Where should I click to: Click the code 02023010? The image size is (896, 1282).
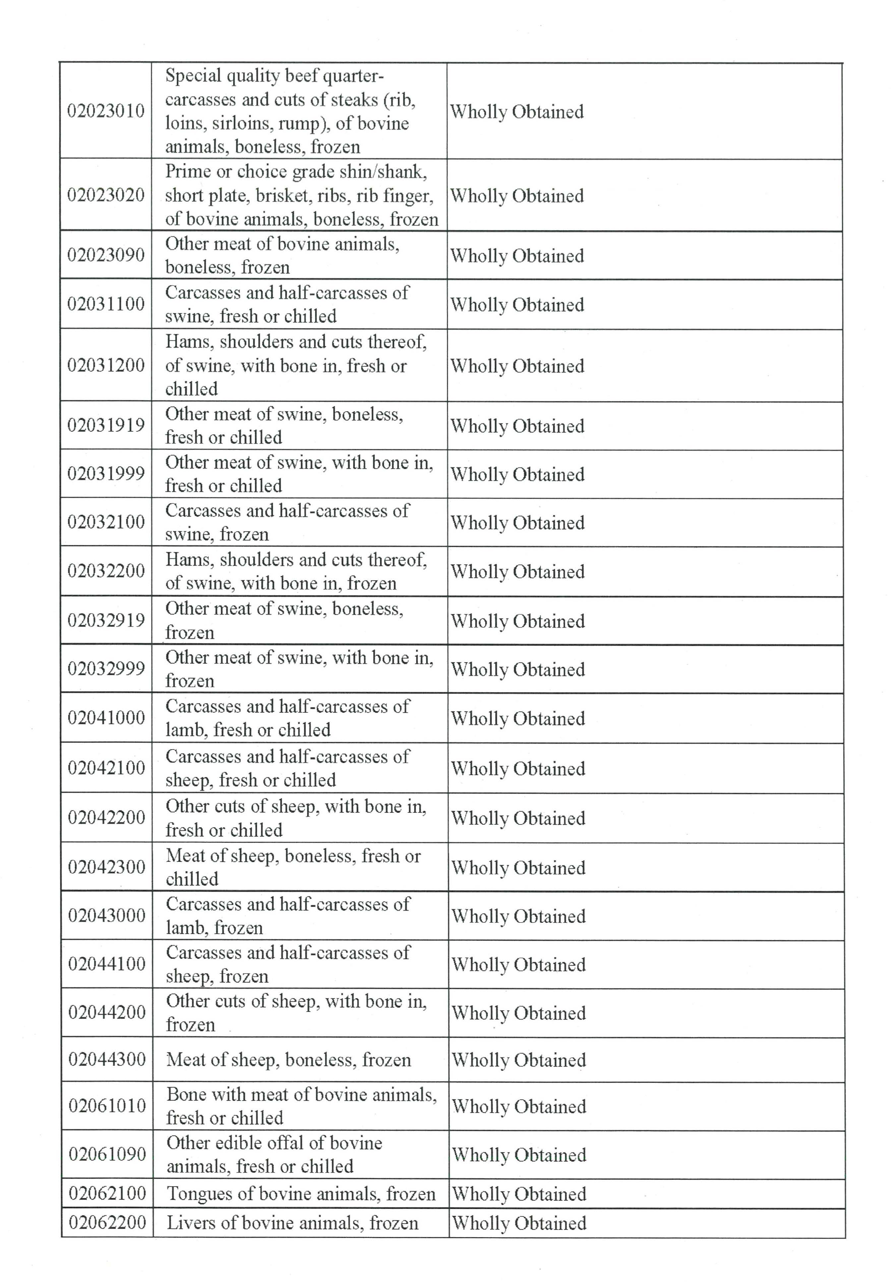pyautogui.click(x=105, y=111)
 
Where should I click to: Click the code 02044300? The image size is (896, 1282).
pyautogui.click(x=107, y=1059)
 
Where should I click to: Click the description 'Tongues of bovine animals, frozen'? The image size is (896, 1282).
pyautogui.click(x=301, y=1194)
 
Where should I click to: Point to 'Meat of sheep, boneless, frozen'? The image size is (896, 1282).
pyautogui.click(x=288, y=1060)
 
